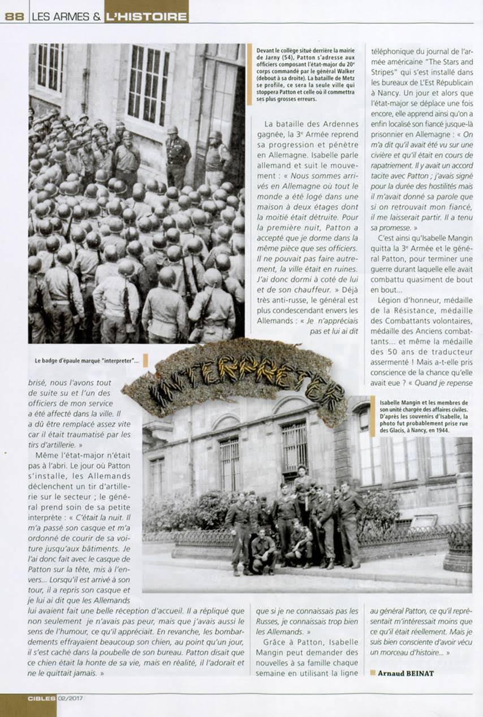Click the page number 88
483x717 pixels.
pyautogui.click(x=14, y=16)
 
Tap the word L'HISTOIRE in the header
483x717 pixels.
pyautogui.click(x=146, y=16)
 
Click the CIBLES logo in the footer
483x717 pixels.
pyautogui.click(x=41, y=698)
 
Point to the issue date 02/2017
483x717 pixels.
pyautogui.click(x=70, y=698)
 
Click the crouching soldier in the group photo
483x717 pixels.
pyautogui.click(x=263, y=550)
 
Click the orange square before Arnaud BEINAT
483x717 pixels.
pyautogui.click(x=373, y=672)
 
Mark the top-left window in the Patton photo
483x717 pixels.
pyautogui.click(x=50, y=67)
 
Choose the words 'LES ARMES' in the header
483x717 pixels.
pyautogui.click(x=63, y=16)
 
